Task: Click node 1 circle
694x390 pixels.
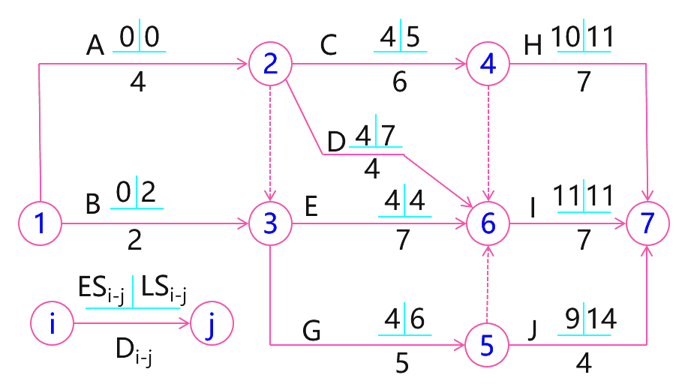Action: (40, 223)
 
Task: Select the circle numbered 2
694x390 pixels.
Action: (270, 64)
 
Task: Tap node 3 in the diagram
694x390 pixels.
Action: (270, 223)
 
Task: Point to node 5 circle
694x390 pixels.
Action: (487, 345)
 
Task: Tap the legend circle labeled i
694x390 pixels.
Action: (52, 324)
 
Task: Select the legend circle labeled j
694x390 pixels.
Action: (212, 324)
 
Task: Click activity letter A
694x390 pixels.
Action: (95, 47)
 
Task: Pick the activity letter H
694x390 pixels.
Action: (533, 47)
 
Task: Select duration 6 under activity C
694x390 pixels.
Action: (400, 82)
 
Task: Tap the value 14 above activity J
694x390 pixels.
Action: (602, 319)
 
